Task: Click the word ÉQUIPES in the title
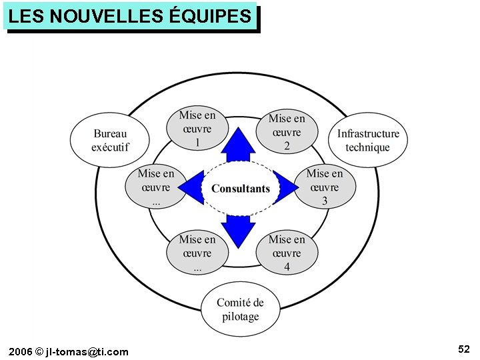[211, 16]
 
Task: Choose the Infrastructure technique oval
[368, 140]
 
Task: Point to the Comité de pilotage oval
[240, 309]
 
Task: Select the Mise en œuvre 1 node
[197, 129]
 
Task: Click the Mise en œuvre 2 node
[287, 132]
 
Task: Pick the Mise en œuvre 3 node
[325, 187]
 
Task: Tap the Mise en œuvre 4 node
[287, 253]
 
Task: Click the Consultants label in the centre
[240, 189]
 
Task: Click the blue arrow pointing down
[239, 229]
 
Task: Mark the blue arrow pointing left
[194, 187]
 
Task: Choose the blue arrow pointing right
[286, 188]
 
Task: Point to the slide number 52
[464, 349]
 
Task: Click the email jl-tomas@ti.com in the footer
[87, 351]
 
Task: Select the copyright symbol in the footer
[39, 351]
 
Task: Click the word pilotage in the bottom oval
[241, 317]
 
